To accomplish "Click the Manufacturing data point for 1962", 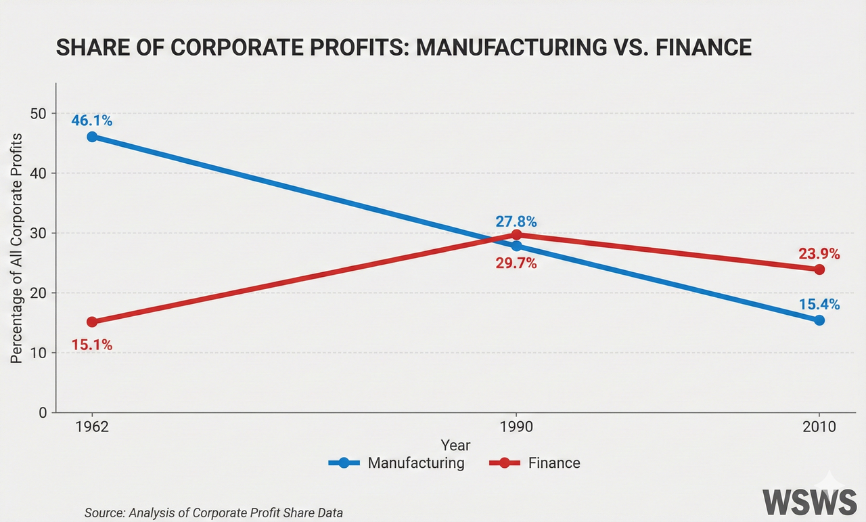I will (92, 137).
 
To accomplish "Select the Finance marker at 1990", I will (517, 235).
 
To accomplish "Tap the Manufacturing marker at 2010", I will (819, 320).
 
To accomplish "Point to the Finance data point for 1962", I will (92, 322).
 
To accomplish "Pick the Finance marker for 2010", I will (819, 269).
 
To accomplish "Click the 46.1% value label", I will (91, 121).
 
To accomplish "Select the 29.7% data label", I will (516, 263).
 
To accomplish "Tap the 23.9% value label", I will (819, 254).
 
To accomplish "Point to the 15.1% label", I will (91, 345).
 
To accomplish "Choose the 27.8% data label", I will (516, 221).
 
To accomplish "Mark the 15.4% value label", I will (819, 305).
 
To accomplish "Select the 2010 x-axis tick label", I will (819, 428).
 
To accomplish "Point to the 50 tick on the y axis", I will (38, 114).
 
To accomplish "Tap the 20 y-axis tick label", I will (38, 293).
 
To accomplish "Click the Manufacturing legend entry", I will (396, 463).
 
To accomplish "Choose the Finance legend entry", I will (534, 463).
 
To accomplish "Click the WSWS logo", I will (810, 502).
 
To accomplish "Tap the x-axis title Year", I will (455, 445).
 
